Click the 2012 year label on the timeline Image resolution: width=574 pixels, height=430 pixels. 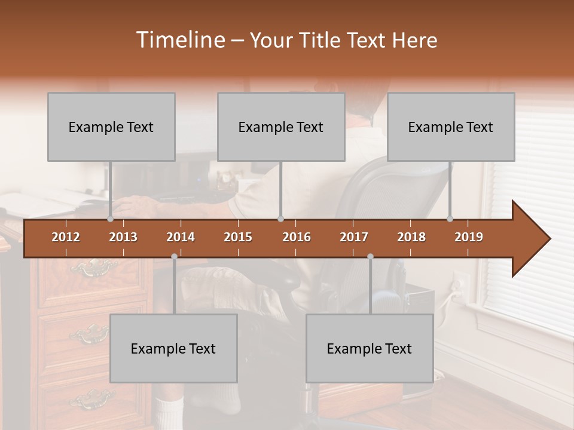tap(66, 237)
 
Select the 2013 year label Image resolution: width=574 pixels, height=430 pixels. tap(123, 237)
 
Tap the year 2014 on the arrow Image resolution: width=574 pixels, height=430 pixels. tap(181, 237)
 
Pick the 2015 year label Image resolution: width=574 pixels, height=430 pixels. tap(238, 237)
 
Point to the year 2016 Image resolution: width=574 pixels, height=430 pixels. tap(297, 237)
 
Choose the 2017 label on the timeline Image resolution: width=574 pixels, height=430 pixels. tap(354, 237)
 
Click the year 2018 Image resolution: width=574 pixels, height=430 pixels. tap(411, 237)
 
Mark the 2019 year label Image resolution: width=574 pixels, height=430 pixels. tap(469, 237)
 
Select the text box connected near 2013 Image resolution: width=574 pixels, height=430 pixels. tap(111, 127)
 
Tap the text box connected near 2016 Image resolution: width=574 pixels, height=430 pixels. tap(281, 127)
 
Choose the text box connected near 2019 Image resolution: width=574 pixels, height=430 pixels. tap(451, 127)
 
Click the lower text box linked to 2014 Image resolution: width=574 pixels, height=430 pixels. tap(173, 348)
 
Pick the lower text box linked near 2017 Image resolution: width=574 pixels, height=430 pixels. tap(370, 348)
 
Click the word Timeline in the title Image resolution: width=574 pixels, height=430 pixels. tap(179, 39)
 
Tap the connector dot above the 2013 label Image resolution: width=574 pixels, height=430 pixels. tap(110, 219)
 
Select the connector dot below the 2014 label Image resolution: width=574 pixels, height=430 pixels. tap(174, 257)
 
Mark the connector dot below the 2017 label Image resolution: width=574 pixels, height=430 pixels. tap(370, 257)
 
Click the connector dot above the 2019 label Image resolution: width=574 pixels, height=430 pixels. tap(450, 219)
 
